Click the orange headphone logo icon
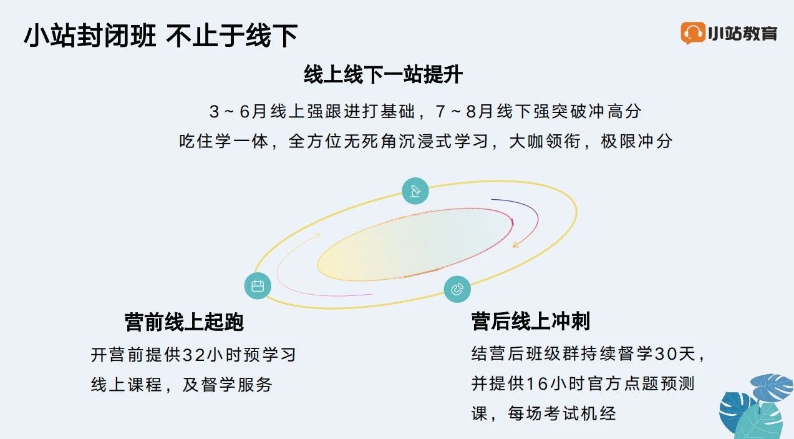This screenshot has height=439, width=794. pyautogui.click(x=692, y=32)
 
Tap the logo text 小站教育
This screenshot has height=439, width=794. pyautogui.click(x=743, y=34)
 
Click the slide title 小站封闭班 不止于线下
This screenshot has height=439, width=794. pyautogui.click(x=161, y=36)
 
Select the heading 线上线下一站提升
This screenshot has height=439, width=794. pyautogui.click(x=383, y=74)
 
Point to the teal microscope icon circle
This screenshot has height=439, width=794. pyautogui.click(x=415, y=191)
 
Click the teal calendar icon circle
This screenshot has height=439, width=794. pyautogui.click(x=258, y=285)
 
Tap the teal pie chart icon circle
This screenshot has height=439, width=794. pyautogui.click(x=457, y=289)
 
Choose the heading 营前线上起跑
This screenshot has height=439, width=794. pyautogui.click(x=184, y=322)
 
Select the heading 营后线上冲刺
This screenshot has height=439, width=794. pyautogui.click(x=531, y=321)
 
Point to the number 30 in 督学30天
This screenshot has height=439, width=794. pyautogui.click(x=666, y=353)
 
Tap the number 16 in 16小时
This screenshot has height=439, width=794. pyautogui.click(x=538, y=383)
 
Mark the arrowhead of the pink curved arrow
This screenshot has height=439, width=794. pyautogui.click(x=317, y=235)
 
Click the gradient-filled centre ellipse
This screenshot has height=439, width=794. pyautogui.click(x=415, y=244)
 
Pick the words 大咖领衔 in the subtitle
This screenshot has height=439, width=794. pyautogui.click(x=545, y=141)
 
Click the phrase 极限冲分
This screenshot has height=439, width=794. pyautogui.click(x=637, y=141)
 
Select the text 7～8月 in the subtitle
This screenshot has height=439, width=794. pyautogui.click(x=463, y=111)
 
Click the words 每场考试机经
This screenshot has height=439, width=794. pyautogui.click(x=562, y=413)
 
